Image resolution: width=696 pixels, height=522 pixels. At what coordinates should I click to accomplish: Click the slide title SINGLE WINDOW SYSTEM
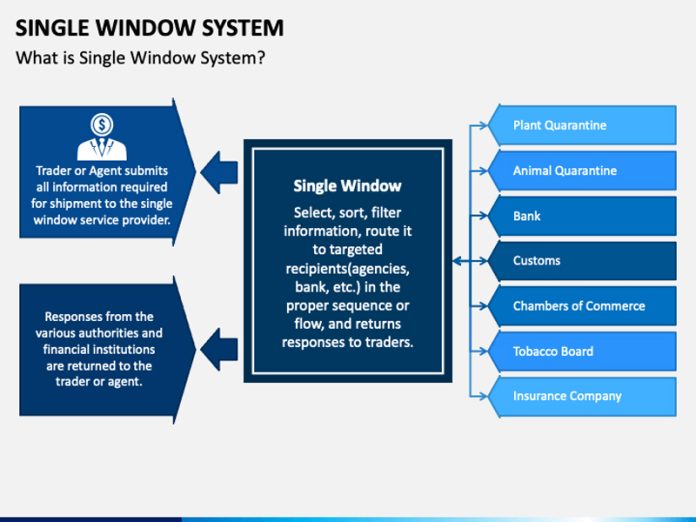[x=149, y=27]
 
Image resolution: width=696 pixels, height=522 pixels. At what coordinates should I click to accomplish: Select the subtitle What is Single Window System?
[x=139, y=57]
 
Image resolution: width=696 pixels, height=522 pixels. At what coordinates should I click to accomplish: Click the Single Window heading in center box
[x=347, y=185]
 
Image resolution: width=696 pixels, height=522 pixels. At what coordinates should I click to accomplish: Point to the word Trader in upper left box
[x=53, y=171]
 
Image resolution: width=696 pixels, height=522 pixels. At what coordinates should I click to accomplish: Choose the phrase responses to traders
[x=347, y=342]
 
